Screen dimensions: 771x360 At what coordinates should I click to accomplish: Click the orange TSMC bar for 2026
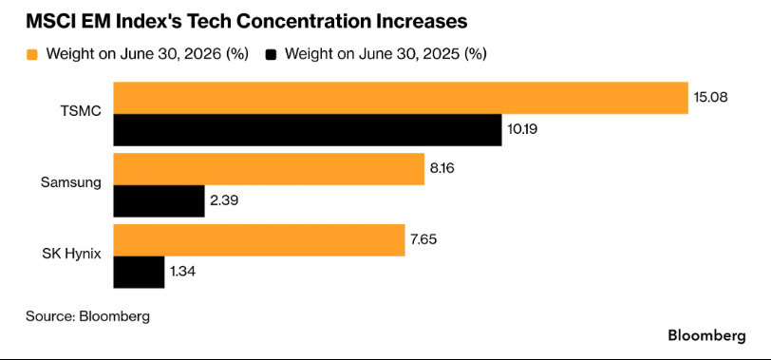click(x=401, y=98)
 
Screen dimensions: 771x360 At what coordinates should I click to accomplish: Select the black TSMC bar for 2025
click(x=308, y=130)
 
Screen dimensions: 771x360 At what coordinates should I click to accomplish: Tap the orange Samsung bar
click(x=269, y=169)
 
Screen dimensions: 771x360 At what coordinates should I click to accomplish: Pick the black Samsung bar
click(x=159, y=201)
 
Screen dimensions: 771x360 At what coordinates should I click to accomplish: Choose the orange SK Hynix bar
click(x=259, y=240)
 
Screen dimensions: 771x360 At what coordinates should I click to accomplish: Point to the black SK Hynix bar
click(x=140, y=272)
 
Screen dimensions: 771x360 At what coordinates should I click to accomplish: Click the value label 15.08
click(x=710, y=96)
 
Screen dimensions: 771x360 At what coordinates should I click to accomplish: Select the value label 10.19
click(x=522, y=129)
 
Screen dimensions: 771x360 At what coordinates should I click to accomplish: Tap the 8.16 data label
click(x=442, y=168)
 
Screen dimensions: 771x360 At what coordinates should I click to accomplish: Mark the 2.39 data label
click(x=224, y=200)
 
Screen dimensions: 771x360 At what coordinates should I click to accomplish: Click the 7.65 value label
click(x=423, y=239)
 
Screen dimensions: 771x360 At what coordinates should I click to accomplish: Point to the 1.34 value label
click(x=183, y=271)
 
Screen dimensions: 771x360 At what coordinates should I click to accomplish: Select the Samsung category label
click(x=71, y=182)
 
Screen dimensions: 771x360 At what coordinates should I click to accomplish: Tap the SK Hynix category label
click(x=72, y=254)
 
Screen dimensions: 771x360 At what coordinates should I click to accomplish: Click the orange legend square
click(x=32, y=54)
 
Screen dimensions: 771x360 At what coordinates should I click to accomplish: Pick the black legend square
click(x=271, y=54)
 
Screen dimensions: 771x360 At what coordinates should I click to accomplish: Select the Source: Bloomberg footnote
click(x=87, y=315)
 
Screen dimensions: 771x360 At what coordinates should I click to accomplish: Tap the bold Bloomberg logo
click(x=706, y=336)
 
